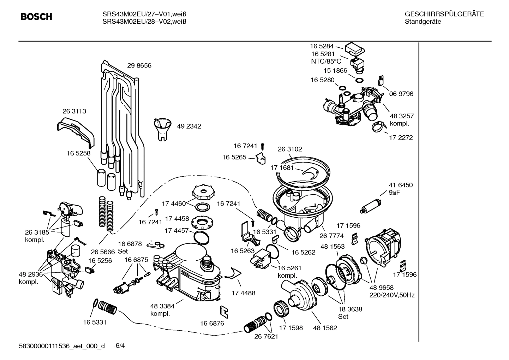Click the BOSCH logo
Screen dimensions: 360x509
[36, 17]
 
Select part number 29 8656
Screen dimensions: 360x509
[139, 66]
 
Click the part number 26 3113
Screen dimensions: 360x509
[74, 111]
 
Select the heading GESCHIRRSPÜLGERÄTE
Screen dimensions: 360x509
[444, 14]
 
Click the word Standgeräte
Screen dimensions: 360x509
[423, 22]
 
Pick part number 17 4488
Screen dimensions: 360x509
[243, 293]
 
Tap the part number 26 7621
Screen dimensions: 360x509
[266, 337]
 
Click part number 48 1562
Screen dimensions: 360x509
[325, 328]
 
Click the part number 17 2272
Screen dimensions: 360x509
[401, 138]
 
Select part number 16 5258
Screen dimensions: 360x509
[78, 153]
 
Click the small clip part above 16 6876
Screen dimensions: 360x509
[223, 311]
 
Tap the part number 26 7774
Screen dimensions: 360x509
[331, 236]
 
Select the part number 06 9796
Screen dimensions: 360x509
[401, 94]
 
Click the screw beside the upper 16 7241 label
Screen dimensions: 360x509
[263, 146]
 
